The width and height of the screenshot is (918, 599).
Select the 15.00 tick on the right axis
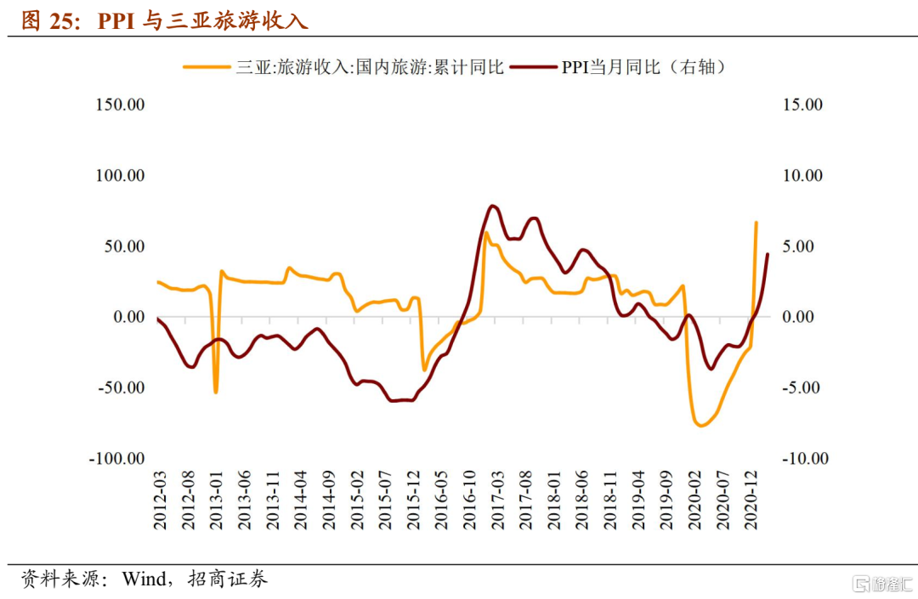point(802,105)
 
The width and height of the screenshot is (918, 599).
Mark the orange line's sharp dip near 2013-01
point(216,392)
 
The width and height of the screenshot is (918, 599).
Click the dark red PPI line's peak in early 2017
point(493,206)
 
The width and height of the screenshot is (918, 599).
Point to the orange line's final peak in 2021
point(756,223)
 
